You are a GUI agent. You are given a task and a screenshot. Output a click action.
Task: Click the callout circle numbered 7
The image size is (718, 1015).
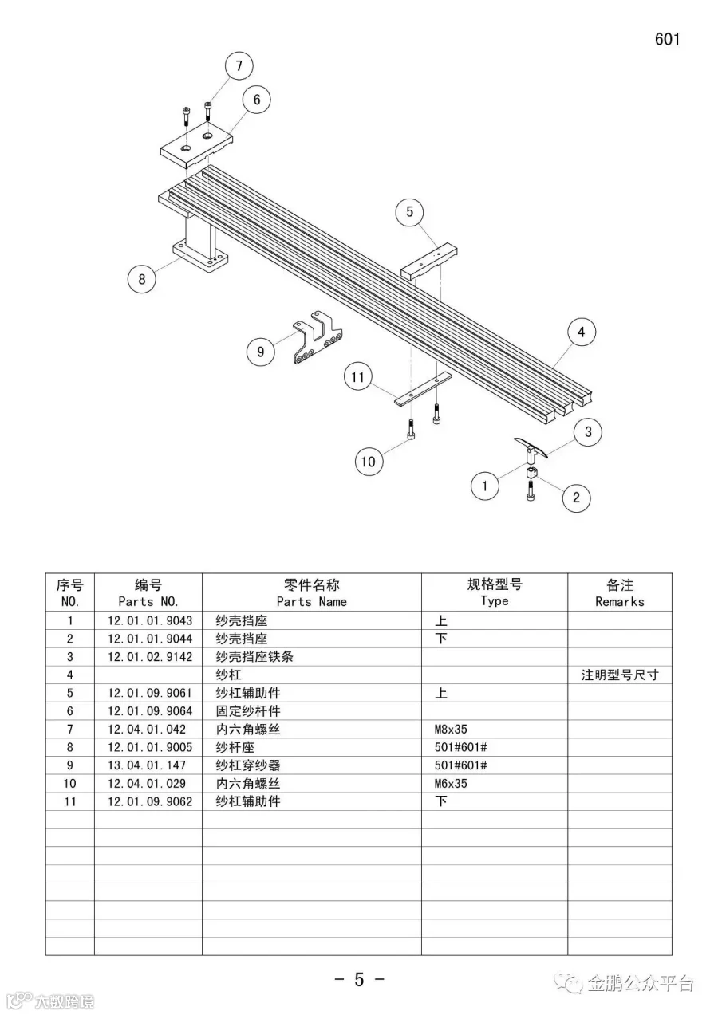click(x=239, y=66)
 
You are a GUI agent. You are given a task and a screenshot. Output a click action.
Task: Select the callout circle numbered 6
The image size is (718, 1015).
click(x=256, y=100)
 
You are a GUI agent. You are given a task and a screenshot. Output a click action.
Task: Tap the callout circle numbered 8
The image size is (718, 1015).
click(x=142, y=279)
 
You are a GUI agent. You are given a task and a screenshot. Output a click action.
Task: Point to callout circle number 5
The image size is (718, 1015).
click(x=410, y=211)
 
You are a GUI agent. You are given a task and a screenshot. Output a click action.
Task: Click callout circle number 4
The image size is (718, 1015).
click(x=582, y=332)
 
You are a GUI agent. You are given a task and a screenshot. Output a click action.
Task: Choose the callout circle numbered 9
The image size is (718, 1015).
click(x=261, y=352)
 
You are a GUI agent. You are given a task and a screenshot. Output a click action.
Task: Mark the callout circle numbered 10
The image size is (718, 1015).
click(x=369, y=461)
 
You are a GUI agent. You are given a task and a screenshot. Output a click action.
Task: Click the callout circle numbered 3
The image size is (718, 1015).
click(x=588, y=432)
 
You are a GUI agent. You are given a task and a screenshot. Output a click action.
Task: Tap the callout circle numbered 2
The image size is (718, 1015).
click(x=576, y=498)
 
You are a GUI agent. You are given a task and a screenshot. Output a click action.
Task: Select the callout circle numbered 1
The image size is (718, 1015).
click(x=485, y=485)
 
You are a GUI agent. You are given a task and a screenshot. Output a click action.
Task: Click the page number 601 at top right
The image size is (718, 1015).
click(x=667, y=39)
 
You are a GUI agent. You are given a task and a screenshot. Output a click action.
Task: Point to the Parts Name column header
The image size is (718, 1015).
click(x=311, y=593)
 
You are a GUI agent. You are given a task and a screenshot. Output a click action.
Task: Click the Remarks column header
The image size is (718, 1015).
click(x=619, y=593)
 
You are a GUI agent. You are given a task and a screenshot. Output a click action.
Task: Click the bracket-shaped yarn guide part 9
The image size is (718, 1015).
click(x=315, y=338)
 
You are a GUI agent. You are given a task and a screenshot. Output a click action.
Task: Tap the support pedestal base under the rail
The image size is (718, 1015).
click(x=199, y=259)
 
